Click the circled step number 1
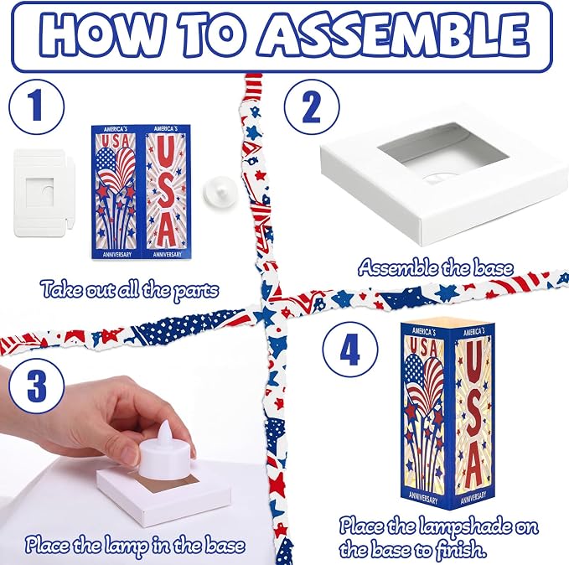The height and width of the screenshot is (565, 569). point(37,107)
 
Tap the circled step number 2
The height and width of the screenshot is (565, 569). point(312,107)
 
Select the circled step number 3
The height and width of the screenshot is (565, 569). point(37,386)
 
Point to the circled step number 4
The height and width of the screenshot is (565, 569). point(350,349)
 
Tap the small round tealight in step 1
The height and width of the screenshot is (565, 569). point(220,192)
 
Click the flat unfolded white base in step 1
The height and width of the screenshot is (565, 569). point(44,193)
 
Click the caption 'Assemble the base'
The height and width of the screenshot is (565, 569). point(436,268)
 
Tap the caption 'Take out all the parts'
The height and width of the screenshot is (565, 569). point(130,290)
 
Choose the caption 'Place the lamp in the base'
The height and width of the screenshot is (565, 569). point(135,546)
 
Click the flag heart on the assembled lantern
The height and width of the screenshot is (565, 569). point(423,381)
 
